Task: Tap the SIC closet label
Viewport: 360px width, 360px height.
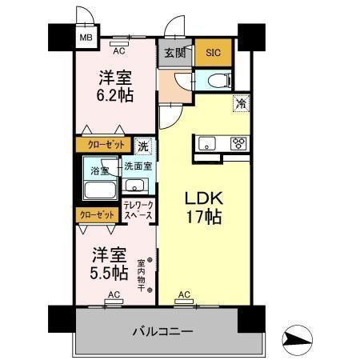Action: [213, 53]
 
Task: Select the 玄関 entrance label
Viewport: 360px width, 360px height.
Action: [176, 53]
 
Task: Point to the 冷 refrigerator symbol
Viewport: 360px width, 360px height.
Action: [239, 102]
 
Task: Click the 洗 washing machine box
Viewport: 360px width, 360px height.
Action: [142, 146]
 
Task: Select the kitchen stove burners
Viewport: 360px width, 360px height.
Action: [238, 144]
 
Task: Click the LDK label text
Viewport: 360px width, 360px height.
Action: [203, 198]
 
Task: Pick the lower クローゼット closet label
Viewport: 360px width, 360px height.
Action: [96, 214]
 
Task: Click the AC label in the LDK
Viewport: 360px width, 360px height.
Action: [184, 294]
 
